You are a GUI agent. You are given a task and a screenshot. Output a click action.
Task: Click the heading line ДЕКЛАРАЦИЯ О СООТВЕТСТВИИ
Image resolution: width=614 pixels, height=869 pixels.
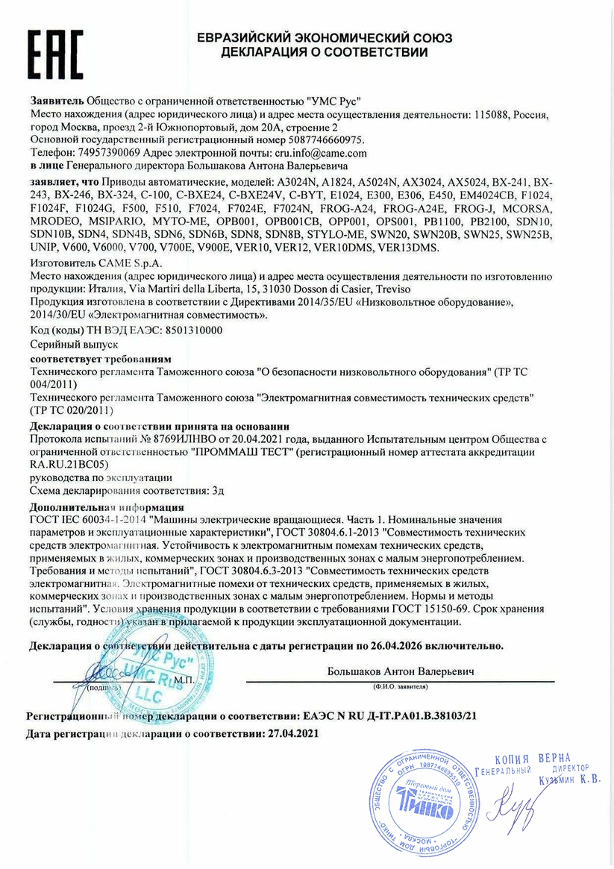[324, 52]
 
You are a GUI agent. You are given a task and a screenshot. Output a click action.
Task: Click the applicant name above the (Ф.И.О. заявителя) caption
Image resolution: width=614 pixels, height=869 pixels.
[401, 671]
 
